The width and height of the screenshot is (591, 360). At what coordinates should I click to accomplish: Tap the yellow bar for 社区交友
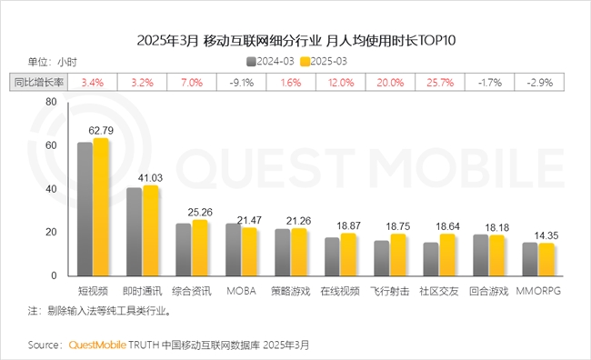pyautogui.click(x=446, y=255)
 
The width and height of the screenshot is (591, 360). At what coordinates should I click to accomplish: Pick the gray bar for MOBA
pyautogui.click(x=233, y=249)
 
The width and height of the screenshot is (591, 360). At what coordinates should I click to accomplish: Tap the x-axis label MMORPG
pyautogui.click(x=544, y=290)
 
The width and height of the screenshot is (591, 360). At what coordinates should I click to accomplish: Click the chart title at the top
pyautogui.click(x=295, y=40)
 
